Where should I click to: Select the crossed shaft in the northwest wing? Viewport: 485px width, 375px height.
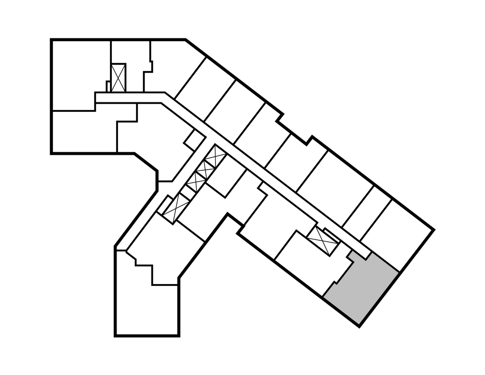click(x=117, y=77)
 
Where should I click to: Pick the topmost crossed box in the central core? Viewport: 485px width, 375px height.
click(x=215, y=155)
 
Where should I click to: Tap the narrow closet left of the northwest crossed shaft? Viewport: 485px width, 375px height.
click(x=108, y=85)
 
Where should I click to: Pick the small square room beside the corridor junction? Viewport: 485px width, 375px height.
click(x=194, y=139)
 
